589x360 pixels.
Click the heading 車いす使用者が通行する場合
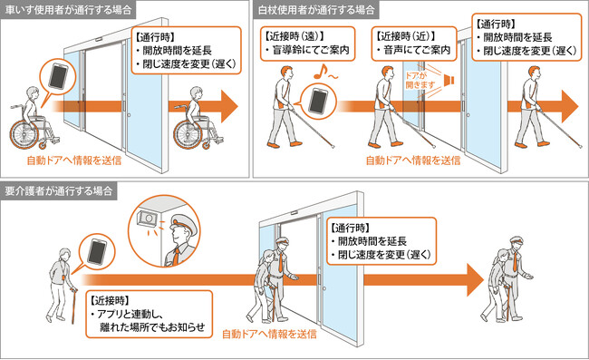[68, 9]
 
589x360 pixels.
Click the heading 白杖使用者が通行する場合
[316, 9]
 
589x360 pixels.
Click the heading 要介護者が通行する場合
[59, 191]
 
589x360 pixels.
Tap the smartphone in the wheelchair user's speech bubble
[58, 77]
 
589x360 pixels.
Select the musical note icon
[319, 72]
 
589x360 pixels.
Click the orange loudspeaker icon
[449, 80]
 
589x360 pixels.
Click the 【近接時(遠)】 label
[294, 36]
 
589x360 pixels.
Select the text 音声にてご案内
[417, 50]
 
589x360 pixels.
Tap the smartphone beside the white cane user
[318, 101]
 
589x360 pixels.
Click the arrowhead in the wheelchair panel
[229, 106]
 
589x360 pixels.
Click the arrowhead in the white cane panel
[570, 106]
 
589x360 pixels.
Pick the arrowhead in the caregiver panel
[475, 280]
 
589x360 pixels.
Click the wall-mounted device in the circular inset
[147, 219]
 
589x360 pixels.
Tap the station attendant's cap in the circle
[182, 222]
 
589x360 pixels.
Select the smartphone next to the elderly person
[97, 252]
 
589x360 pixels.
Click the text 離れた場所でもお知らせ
[152, 326]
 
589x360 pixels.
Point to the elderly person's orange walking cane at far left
[73, 306]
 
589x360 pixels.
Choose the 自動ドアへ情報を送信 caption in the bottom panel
[269, 334]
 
